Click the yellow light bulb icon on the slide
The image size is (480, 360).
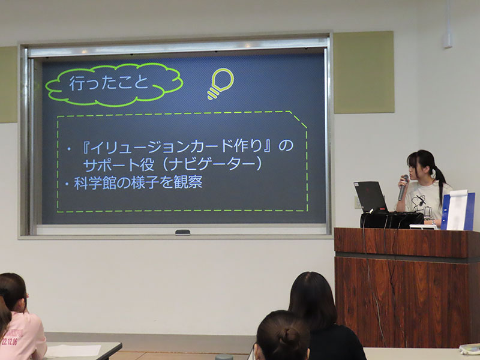(x=220, y=83)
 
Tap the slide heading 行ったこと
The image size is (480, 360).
(x=109, y=83)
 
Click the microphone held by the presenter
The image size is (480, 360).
(x=403, y=187)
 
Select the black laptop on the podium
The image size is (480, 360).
(x=371, y=197)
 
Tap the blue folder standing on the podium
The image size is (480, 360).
(x=458, y=211)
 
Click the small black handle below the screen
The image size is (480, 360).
(x=182, y=232)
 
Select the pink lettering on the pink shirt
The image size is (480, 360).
(x=11, y=337)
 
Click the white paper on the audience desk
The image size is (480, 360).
(x=73, y=351)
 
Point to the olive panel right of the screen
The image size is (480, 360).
(x=364, y=72)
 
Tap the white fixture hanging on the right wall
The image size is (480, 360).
(x=448, y=25)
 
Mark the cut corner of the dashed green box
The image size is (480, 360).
(x=298, y=119)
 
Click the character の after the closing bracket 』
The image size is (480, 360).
(x=286, y=146)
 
